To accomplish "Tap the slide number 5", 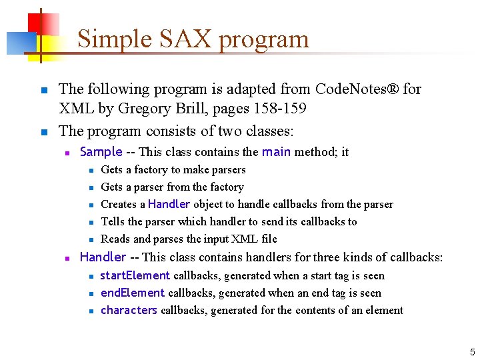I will pyautogui.click(x=472, y=351).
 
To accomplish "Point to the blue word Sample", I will pyautogui.click(x=101, y=152).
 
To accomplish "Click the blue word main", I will pyautogui.click(x=276, y=152).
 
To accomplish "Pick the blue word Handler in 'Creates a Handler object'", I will pyautogui.click(x=169, y=205).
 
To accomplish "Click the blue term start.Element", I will pyautogui.click(x=135, y=276).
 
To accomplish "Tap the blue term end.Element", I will pyautogui.click(x=133, y=293).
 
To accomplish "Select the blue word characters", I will pyautogui.click(x=129, y=311).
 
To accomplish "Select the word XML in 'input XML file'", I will pyautogui.click(x=237, y=239).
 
